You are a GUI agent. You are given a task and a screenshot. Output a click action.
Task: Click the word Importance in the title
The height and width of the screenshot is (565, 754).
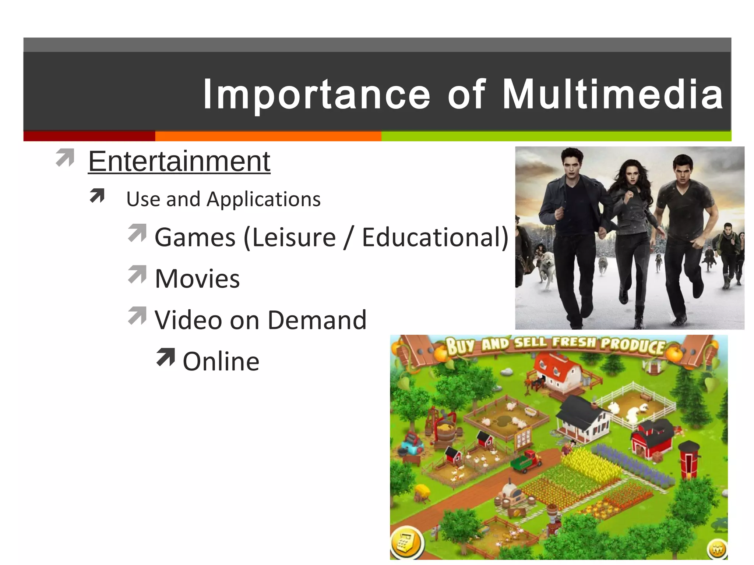(x=317, y=95)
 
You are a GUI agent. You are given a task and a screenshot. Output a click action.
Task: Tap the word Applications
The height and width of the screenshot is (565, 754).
(x=264, y=199)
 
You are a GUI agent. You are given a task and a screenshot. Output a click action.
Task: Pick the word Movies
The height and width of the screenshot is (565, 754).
(x=197, y=278)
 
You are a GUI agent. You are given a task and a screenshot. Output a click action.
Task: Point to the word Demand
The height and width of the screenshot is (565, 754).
(x=317, y=320)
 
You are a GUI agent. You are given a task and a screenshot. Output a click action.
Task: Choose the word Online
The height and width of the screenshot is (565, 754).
(x=221, y=361)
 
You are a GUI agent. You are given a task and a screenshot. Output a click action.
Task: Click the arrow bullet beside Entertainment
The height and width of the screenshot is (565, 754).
(x=65, y=157)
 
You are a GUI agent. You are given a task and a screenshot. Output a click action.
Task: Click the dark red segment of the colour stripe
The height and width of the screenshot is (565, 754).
(x=89, y=136)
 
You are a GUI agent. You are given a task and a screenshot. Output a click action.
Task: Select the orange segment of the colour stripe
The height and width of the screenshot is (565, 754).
(x=268, y=136)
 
